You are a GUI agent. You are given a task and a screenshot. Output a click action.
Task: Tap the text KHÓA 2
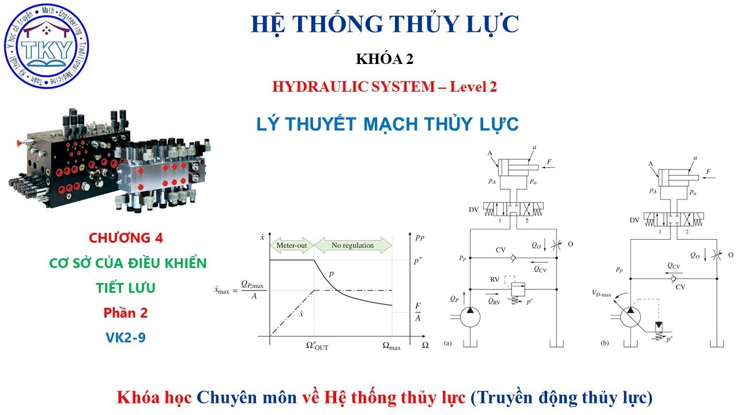pyautogui.click(x=385, y=59)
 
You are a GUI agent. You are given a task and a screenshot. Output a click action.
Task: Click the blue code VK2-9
pyautogui.click(x=126, y=337)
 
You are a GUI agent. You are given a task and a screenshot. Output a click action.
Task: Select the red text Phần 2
pyautogui.click(x=126, y=313)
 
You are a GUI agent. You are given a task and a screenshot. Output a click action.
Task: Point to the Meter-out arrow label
pyautogui.click(x=292, y=246)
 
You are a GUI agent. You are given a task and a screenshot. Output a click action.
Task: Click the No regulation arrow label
pyautogui.click(x=352, y=246)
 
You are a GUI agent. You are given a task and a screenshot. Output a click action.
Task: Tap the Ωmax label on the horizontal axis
pyautogui.click(x=391, y=346)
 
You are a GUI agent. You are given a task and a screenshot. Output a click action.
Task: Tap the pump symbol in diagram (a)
pyautogui.click(x=470, y=316)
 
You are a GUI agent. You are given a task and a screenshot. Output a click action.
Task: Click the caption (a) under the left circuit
pyautogui.click(x=447, y=344)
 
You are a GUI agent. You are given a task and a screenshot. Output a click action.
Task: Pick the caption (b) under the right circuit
pyautogui.click(x=604, y=344)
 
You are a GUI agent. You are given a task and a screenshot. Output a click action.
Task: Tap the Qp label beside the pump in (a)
pyautogui.click(x=454, y=299)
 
